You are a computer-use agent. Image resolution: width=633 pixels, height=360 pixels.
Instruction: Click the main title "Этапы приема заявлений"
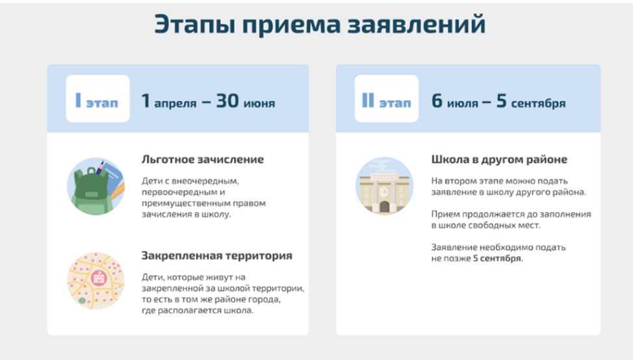coord(320,24)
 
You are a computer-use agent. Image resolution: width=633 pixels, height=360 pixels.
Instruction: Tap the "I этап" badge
coord(97,99)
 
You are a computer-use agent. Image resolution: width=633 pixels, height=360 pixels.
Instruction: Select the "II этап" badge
coord(386,99)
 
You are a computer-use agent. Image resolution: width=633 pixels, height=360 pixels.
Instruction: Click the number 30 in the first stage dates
coord(227,101)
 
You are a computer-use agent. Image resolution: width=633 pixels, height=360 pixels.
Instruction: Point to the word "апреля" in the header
coord(175,104)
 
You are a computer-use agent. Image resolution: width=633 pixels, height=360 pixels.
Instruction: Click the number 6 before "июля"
coord(437,101)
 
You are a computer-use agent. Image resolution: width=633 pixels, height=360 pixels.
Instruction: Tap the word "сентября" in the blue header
coord(538,104)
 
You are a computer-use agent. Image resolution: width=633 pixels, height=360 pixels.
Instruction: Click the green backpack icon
coord(96,186)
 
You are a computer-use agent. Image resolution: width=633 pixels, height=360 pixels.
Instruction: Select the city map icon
coord(96,281)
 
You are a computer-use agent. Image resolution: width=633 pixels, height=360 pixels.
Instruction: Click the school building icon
coord(384,186)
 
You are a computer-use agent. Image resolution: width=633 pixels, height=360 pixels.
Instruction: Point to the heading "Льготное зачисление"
coord(203,159)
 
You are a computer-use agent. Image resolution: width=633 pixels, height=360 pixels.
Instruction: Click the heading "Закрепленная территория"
coord(217,255)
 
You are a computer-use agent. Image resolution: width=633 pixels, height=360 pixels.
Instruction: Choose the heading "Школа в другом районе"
coord(499,159)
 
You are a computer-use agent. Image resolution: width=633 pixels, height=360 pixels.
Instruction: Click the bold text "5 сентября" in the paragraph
coord(497,258)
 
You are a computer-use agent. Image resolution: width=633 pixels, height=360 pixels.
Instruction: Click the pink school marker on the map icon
coord(99,277)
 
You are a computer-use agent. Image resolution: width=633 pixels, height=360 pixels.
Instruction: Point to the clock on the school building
coord(384,192)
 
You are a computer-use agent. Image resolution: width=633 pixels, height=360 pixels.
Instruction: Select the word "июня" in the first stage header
coord(259,104)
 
